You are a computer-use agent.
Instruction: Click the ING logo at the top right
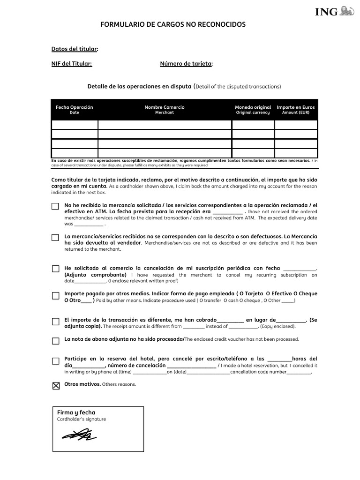pyautogui.click(x=334, y=11)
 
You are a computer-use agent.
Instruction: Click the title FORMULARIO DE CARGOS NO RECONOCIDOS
pyautogui.click(x=173, y=24)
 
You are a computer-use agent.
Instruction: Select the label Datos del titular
pyautogui.click(x=75, y=49)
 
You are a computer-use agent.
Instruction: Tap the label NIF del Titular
pyautogui.click(x=71, y=64)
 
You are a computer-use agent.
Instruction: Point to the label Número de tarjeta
pyautogui.click(x=186, y=64)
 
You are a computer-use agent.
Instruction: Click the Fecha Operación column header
pyautogui.click(x=75, y=110)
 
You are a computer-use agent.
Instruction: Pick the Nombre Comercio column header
pyautogui.click(x=165, y=110)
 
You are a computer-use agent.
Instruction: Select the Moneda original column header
pyautogui.click(x=253, y=110)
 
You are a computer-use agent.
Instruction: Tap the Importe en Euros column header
pyautogui.click(x=296, y=110)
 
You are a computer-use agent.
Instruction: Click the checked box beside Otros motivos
pyautogui.click(x=56, y=386)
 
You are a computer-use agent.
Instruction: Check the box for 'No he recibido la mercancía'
pyautogui.click(x=55, y=206)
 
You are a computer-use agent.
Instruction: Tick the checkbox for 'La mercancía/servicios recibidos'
pyautogui.click(x=55, y=238)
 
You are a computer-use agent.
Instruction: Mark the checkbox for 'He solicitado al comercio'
pyautogui.click(x=55, y=269)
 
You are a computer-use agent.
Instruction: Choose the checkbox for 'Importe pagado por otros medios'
pyautogui.click(x=55, y=295)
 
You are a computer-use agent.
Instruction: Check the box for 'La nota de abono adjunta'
pyautogui.click(x=55, y=341)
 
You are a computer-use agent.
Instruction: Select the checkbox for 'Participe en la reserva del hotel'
pyautogui.click(x=55, y=361)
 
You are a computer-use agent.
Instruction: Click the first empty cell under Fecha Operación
pyautogui.click(x=75, y=125)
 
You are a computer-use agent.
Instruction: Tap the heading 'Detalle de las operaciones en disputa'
pyautogui.click(x=140, y=86)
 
